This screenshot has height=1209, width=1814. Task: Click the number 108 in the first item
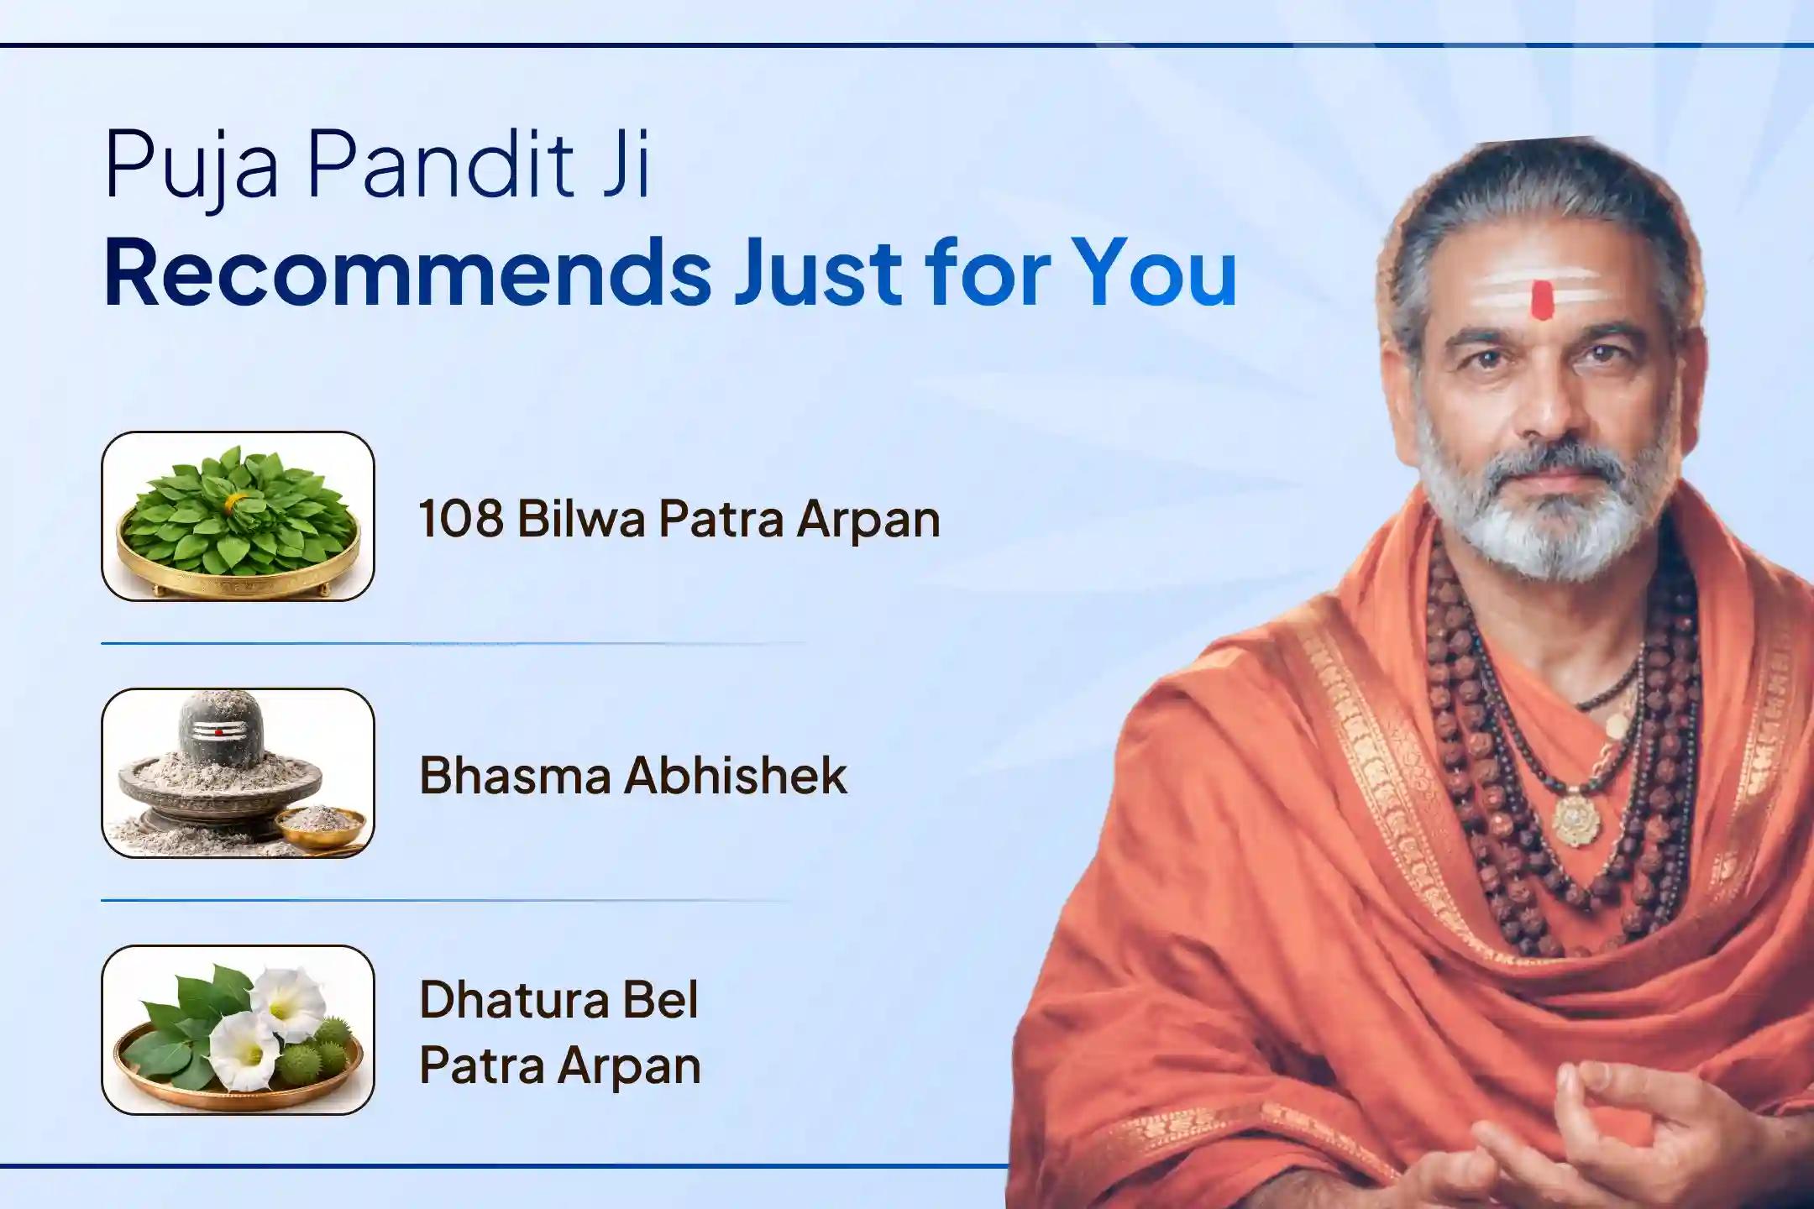[x=460, y=518]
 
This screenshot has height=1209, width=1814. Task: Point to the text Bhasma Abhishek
[x=633, y=775]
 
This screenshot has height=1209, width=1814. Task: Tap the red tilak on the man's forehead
[x=1541, y=301]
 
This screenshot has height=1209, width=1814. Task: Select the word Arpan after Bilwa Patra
[x=868, y=518]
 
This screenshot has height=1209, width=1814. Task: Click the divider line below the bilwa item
[x=453, y=644]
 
